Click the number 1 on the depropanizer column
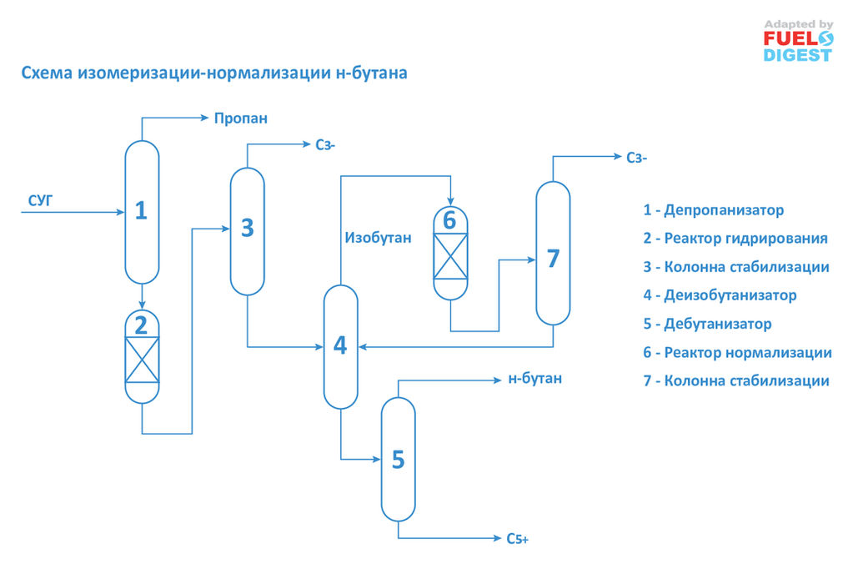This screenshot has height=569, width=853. (x=141, y=210)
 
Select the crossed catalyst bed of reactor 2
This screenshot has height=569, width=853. (x=142, y=360)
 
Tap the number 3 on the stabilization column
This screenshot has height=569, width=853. (x=248, y=228)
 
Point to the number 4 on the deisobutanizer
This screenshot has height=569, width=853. (x=340, y=345)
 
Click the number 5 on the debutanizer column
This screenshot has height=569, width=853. (x=399, y=460)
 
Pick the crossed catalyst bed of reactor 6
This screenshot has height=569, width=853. (x=450, y=256)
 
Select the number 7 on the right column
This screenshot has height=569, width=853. (x=554, y=259)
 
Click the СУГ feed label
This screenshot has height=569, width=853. (x=40, y=201)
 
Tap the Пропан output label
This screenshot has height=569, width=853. (x=240, y=118)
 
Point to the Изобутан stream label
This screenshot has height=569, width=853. (x=378, y=238)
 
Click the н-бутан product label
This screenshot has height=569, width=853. (x=534, y=379)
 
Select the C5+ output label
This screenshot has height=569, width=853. (x=517, y=538)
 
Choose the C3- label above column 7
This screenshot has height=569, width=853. (x=636, y=158)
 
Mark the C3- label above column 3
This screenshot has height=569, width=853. (x=325, y=145)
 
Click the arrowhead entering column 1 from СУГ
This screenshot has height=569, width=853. (x=121, y=212)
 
